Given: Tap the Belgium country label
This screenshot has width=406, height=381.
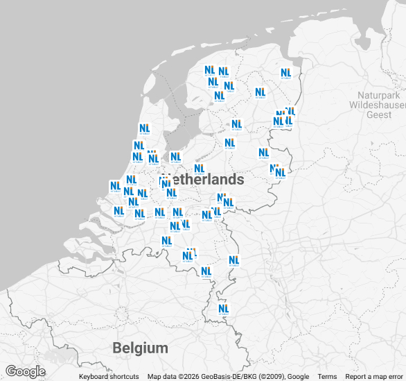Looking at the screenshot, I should click(x=141, y=348).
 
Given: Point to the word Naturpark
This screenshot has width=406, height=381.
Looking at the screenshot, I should click(x=378, y=94).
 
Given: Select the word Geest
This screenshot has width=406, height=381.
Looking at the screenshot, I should click(x=379, y=115).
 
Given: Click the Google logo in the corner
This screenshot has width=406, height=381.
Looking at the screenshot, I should click(x=25, y=371).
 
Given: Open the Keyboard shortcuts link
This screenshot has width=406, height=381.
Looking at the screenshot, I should click(x=109, y=377).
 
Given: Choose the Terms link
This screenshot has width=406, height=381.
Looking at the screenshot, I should click(x=327, y=377).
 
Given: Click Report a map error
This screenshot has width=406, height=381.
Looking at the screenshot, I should click(x=374, y=377).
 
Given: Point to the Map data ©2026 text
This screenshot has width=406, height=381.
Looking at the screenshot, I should click(x=173, y=377).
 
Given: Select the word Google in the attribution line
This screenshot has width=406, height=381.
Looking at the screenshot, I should click(x=298, y=377).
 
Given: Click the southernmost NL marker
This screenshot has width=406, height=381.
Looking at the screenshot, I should click(x=223, y=309).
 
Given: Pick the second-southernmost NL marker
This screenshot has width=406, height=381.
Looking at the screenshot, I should click(x=206, y=271).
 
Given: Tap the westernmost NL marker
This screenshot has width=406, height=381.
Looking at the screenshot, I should click(x=115, y=187).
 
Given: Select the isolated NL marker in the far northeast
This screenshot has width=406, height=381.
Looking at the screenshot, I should click(x=285, y=73).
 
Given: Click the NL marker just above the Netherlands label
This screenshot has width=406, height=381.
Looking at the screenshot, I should click(x=200, y=169).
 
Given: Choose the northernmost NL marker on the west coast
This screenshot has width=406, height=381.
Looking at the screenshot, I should click(x=144, y=128).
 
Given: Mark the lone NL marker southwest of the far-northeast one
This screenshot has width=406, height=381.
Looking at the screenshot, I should click(x=260, y=92).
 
